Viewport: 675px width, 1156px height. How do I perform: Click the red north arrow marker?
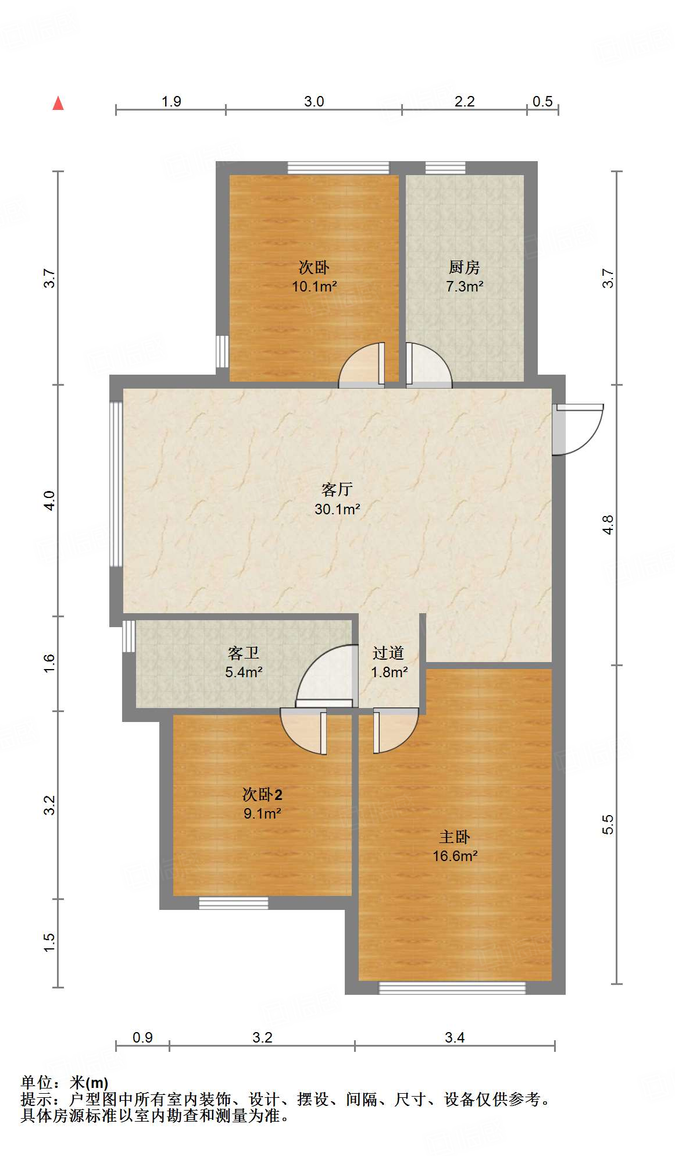pyautogui.click(x=58, y=104)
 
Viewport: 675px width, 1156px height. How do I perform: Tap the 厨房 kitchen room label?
pyautogui.click(x=464, y=268)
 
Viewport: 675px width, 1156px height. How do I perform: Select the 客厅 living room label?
pyautogui.click(x=337, y=489)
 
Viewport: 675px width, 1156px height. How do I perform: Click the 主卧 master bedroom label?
pyautogui.click(x=455, y=837)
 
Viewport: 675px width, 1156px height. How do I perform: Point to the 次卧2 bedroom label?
pyautogui.click(x=262, y=795)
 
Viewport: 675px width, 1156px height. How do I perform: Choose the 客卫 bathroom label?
pyautogui.click(x=244, y=653)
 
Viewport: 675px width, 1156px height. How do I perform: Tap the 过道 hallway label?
pyautogui.click(x=388, y=653)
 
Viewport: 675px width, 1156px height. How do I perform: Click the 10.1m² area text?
pyautogui.click(x=315, y=286)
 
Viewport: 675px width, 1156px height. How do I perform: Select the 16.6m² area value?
pyautogui.click(x=455, y=856)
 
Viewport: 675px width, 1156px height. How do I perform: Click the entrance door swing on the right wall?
pyautogui.click(x=578, y=429)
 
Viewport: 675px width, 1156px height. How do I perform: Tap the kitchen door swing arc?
pyautogui.click(x=429, y=365)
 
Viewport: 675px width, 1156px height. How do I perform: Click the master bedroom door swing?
pyautogui.click(x=396, y=730)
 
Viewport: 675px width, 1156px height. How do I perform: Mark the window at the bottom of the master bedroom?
pyautogui.click(x=452, y=988)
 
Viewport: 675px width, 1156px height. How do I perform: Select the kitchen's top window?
pyautogui.click(x=445, y=168)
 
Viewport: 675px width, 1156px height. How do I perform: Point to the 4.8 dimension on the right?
pyautogui.click(x=608, y=525)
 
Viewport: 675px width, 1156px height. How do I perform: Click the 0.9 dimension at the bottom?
pyautogui.click(x=142, y=1037)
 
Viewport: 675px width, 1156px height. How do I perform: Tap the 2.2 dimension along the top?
pyautogui.click(x=465, y=102)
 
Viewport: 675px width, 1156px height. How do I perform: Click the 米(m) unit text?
pyautogui.click(x=88, y=1083)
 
